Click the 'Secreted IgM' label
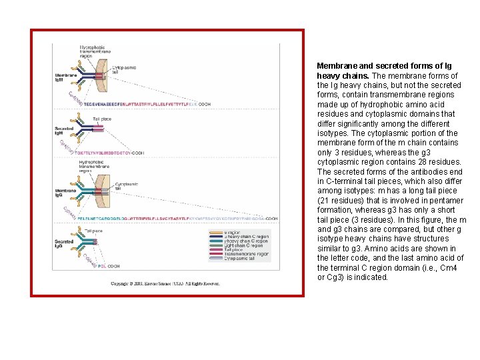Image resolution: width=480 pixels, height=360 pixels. (63, 130)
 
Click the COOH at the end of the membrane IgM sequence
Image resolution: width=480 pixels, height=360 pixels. (203, 104)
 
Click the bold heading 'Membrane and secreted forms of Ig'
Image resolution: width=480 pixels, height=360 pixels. (384, 66)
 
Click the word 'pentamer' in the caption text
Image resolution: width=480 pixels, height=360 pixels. (447, 200)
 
